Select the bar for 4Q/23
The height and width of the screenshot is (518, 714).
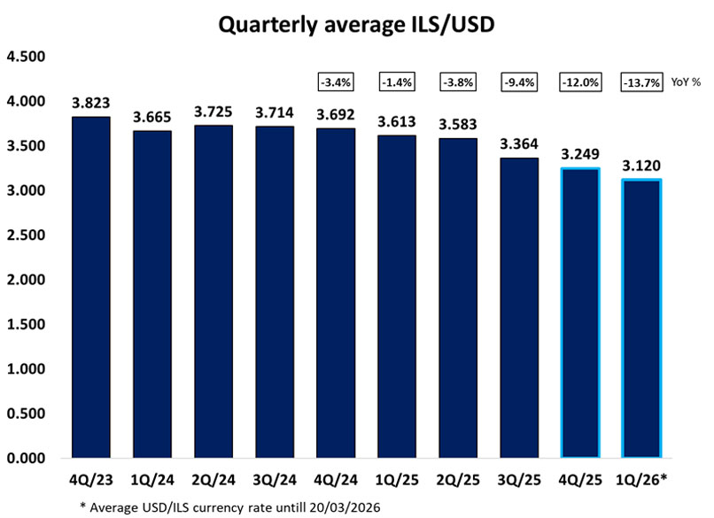coord(91,288)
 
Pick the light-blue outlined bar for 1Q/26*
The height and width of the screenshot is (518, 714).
coord(640,319)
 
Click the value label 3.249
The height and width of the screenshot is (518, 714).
coord(580,153)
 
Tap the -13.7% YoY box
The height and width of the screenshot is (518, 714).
coord(641,82)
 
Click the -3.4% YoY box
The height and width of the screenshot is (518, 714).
coord(336,82)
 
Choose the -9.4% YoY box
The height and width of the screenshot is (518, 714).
coord(519,82)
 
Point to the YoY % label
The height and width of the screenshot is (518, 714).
coord(686,82)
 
